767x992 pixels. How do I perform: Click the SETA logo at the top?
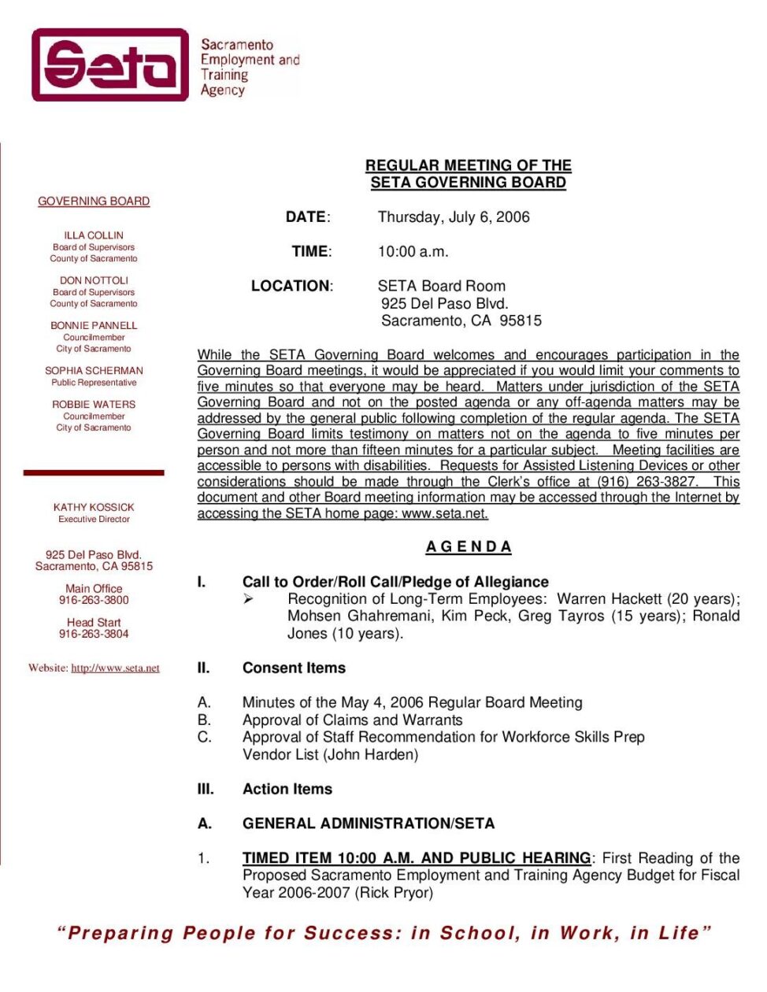tap(110, 65)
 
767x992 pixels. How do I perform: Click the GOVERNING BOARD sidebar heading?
tap(94, 202)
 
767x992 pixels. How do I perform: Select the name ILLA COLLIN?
tap(94, 235)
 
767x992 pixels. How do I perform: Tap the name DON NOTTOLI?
tap(94, 280)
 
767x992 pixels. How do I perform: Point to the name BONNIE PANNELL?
tap(94, 325)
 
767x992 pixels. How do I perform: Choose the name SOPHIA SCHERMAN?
tap(94, 370)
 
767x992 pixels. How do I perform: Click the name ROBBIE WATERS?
tap(94, 404)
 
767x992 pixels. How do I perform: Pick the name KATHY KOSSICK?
tap(94, 507)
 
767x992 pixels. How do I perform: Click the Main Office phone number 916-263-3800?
tap(94, 600)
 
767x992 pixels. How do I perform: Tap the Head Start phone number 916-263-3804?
tap(94, 634)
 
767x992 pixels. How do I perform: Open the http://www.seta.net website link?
tap(115, 668)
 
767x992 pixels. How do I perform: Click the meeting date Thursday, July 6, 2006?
tap(454, 217)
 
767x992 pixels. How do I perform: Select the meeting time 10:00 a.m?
tap(413, 252)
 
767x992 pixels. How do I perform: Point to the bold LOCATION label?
tap(291, 286)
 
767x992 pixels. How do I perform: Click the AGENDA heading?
tap(469, 546)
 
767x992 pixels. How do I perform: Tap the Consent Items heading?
tap(294, 668)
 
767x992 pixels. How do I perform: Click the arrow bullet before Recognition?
tap(248, 599)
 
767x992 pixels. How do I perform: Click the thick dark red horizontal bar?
tap(94, 472)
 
